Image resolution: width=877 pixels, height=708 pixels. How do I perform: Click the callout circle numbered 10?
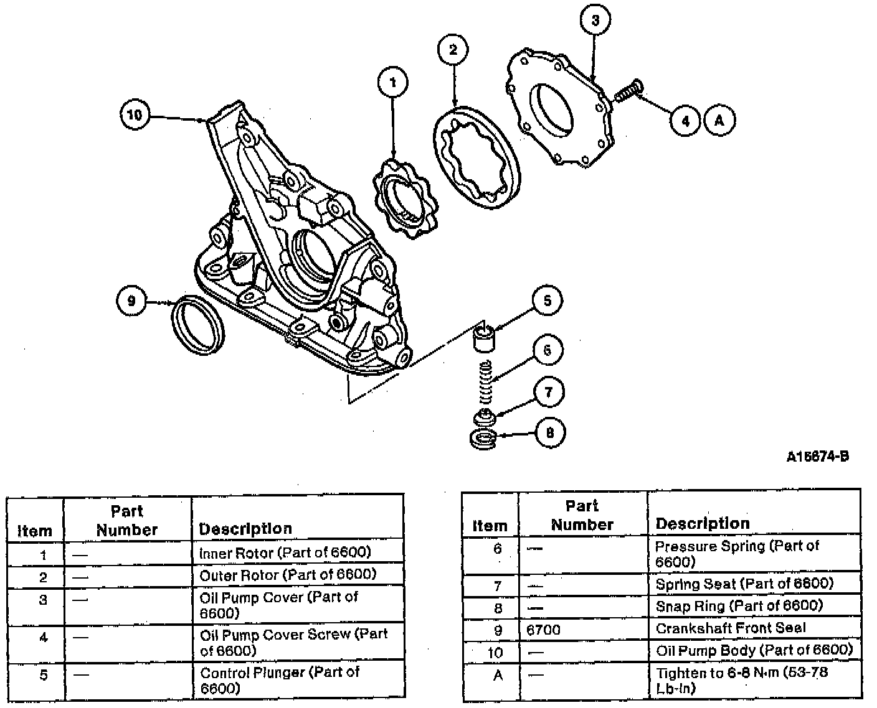click(x=135, y=114)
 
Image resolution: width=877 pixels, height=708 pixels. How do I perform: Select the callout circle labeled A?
click(x=719, y=120)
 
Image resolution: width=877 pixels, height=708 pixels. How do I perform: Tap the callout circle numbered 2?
click(x=453, y=49)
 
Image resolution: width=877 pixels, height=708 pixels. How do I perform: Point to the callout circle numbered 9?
click(x=131, y=301)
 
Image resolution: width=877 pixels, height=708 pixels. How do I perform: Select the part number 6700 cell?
click(x=543, y=630)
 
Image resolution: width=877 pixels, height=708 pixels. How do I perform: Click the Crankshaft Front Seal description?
click(x=730, y=628)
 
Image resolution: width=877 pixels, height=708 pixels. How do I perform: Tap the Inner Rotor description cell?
click(x=285, y=552)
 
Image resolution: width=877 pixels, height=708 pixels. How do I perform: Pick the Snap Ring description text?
click(x=739, y=606)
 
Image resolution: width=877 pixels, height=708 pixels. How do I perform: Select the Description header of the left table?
click(x=245, y=529)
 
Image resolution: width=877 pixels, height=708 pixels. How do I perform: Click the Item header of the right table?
click(x=490, y=525)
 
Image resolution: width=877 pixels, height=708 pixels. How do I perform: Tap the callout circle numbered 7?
click(x=549, y=392)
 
